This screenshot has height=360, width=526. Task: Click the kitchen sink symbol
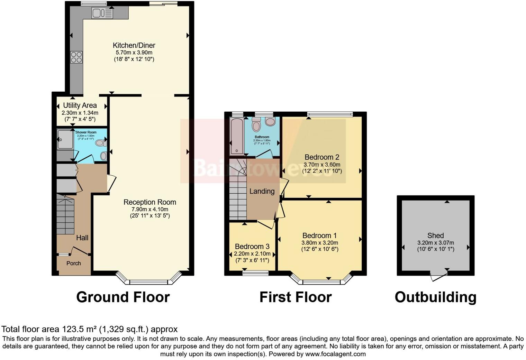click(102, 13)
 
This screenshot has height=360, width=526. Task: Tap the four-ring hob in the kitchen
click(76, 57)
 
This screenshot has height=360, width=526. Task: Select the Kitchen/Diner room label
click(134, 45)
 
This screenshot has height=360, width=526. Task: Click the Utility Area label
click(80, 105)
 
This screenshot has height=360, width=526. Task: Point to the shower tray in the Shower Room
click(65, 140)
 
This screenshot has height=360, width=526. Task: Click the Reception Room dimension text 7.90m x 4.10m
click(149, 209)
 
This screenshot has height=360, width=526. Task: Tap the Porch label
click(74, 264)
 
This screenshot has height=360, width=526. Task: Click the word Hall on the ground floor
click(82, 238)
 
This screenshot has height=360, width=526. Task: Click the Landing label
click(262, 191)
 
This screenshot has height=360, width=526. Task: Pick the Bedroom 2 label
click(321, 157)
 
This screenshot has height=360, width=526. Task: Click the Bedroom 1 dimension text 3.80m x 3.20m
click(320, 243)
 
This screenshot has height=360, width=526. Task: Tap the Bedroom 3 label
click(252, 247)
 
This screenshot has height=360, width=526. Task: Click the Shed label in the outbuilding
click(435, 236)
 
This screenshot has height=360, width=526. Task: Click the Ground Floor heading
click(123, 297)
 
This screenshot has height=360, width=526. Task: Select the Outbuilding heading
click(435, 297)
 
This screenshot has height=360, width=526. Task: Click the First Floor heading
click(296, 297)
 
